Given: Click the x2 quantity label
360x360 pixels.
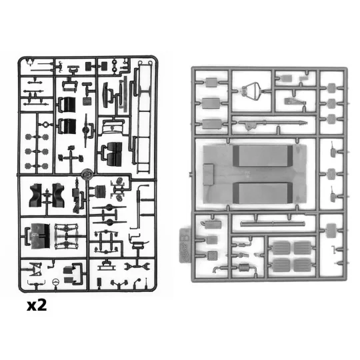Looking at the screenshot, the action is (37, 305).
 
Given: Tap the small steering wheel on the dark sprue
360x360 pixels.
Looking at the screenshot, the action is (56, 282).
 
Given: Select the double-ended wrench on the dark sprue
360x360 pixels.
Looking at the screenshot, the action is (137, 267).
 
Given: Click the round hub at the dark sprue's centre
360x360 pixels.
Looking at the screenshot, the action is (87, 175).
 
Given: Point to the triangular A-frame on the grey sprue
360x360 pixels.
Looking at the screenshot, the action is (251, 91).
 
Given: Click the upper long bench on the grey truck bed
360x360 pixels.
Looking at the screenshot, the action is (263, 156).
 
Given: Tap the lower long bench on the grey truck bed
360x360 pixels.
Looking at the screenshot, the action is (263, 193).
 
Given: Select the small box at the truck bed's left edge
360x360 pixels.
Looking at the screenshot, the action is (208, 175).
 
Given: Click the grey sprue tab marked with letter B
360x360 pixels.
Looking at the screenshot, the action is (185, 245).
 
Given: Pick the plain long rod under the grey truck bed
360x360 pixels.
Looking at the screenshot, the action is (273, 223).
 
